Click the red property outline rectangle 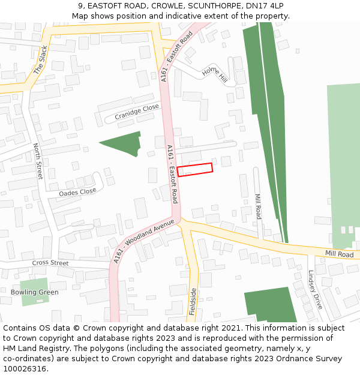pyautogui.click(x=195, y=170)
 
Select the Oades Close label pyautogui.click(x=77, y=192)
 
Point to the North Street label pyautogui.click(x=38, y=161)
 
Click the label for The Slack pyautogui.click(x=40, y=60)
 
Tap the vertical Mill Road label pyautogui.click(x=258, y=206)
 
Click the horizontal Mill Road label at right pyautogui.click(x=339, y=254)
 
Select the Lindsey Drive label pyautogui.click(x=315, y=289)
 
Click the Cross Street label pyautogui.click(x=50, y=263)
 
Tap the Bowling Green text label pyautogui.click(x=35, y=292)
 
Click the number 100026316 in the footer pyautogui.click(x=25, y=368)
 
